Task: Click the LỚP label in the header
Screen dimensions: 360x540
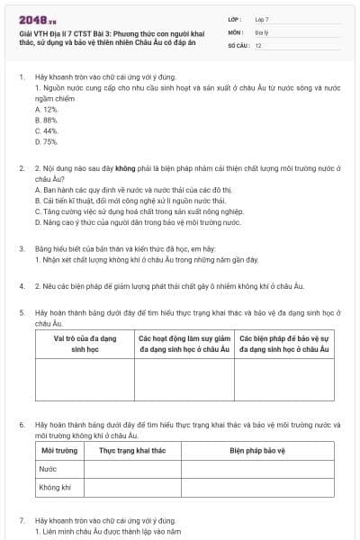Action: [x=235, y=19]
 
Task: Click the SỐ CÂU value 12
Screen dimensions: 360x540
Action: [x=258, y=44]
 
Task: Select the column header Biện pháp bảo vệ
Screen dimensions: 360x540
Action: [x=256, y=449]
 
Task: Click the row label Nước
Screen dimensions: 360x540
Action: [x=47, y=469]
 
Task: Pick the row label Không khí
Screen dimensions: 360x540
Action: [x=54, y=487]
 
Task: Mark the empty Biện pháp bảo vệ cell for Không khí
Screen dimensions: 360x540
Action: [x=256, y=487]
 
